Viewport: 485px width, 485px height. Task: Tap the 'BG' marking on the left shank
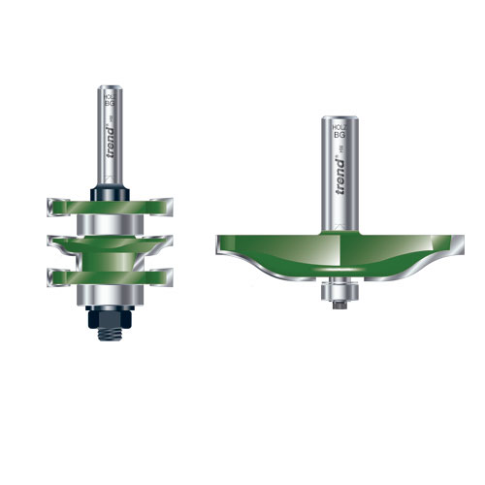point(108,99)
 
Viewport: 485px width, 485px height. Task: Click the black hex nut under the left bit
point(108,312)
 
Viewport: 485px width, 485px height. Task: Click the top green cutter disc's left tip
point(48,205)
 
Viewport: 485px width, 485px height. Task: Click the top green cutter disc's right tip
point(167,205)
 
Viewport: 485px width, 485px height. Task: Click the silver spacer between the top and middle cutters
point(108,226)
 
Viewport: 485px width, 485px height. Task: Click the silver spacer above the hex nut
point(108,293)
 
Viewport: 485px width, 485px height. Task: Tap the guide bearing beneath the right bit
point(339,288)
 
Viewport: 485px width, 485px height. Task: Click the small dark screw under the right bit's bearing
point(339,305)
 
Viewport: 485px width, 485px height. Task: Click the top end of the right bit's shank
point(339,117)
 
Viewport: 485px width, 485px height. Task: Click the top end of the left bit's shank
point(108,90)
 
